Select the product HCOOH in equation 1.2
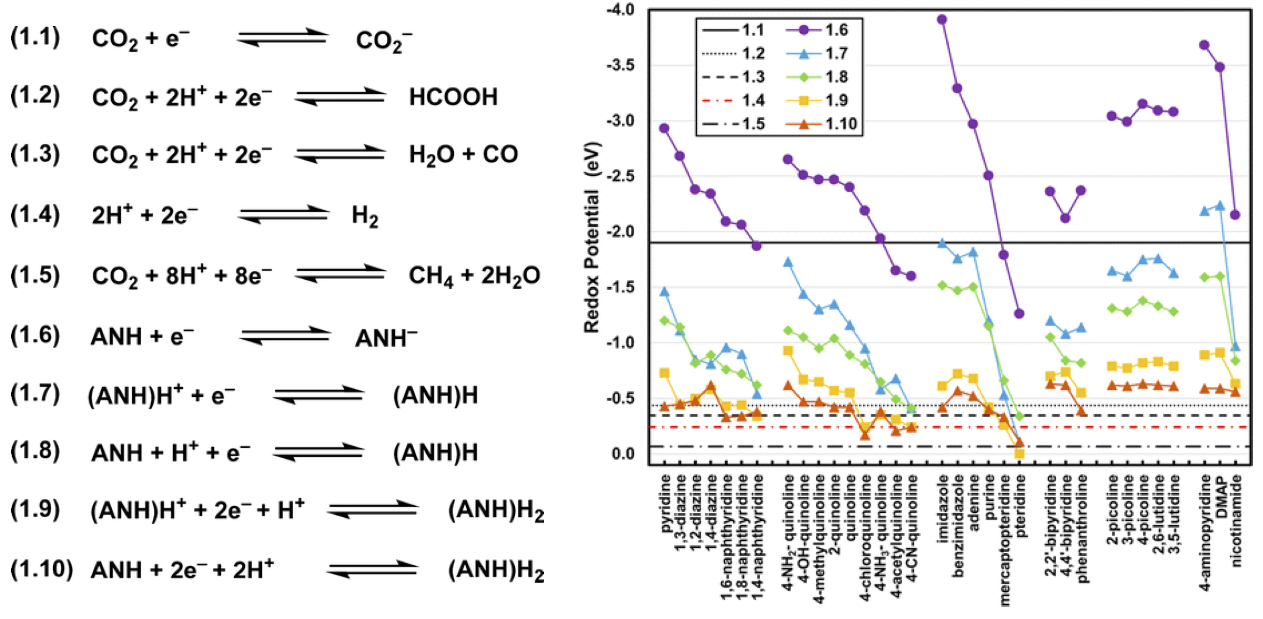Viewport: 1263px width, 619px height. tap(453, 97)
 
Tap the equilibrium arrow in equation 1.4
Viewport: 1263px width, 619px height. tap(283, 215)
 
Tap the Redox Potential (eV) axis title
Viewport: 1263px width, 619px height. tap(592, 238)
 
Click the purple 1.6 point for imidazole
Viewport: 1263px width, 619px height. tap(942, 20)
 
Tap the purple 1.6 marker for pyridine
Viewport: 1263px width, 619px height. tap(664, 128)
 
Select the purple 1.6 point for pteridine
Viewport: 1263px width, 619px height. tap(1019, 314)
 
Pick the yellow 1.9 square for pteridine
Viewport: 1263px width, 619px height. tap(1019, 454)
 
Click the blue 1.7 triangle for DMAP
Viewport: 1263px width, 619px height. tap(1220, 206)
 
